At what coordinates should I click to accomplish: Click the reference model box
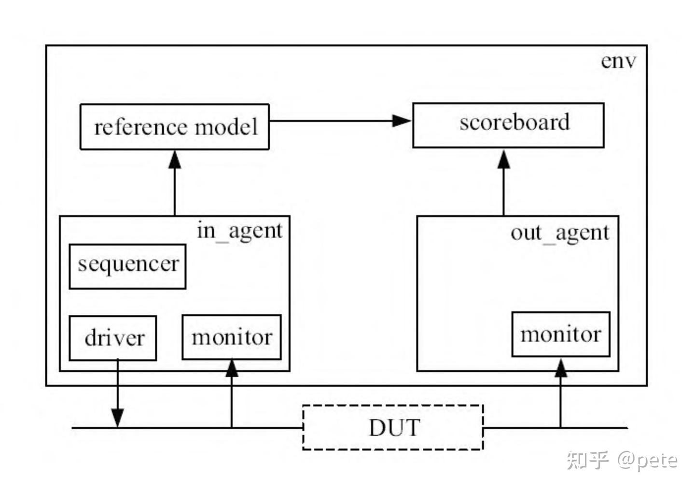[175, 127]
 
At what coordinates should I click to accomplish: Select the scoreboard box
[508, 125]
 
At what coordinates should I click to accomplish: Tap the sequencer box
[127, 267]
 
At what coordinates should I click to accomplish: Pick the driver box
[113, 338]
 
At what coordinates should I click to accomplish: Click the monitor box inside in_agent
[232, 337]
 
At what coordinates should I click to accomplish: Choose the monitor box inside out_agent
[561, 334]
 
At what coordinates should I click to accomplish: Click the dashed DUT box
[393, 427]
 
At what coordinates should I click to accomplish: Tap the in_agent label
[239, 231]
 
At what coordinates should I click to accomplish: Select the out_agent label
[560, 233]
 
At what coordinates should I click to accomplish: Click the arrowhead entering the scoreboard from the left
[402, 121]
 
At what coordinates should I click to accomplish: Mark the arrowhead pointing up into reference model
[175, 160]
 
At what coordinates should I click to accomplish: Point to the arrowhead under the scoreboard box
[503, 159]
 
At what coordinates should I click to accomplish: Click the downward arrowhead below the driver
[118, 418]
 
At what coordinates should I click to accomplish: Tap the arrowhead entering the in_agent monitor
[232, 368]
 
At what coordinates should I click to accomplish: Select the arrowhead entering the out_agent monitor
[561, 368]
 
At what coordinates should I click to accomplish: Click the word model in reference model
[226, 127]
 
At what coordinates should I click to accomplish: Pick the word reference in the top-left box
[141, 127]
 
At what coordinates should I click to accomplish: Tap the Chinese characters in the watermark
[587, 460]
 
